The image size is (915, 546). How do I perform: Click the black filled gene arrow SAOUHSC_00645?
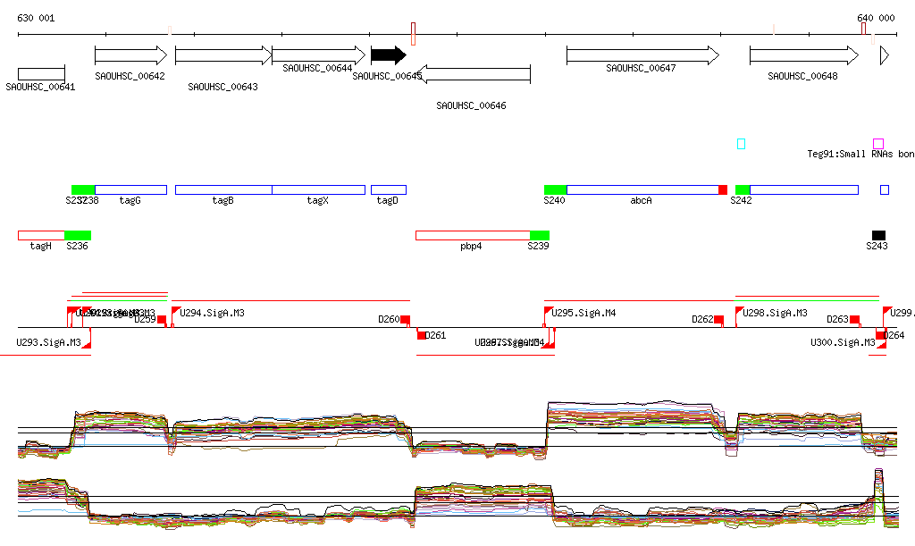(x=388, y=55)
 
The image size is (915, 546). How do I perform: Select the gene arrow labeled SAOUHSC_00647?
(x=642, y=55)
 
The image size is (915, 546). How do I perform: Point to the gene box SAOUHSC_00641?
(x=41, y=73)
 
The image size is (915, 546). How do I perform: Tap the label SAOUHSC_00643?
(x=223, y=87)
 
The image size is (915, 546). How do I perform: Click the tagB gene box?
(x=223, y=189)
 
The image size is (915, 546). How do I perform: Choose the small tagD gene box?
(x=388, y=189)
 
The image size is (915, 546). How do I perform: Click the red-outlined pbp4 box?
(x=472, y=235)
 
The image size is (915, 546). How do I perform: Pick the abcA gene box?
(x=642, y=189)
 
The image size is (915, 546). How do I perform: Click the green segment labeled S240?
(x=555, y=189)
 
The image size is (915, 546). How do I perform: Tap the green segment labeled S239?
(x=539, y=235)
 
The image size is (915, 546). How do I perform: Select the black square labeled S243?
(x=878, y=235)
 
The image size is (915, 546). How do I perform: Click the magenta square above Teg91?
(x=878, y=143)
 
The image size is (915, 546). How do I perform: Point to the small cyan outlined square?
(x=741, y=143)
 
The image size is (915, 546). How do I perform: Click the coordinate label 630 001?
(x=36, y=18)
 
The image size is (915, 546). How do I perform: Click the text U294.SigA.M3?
(x=213, y=314)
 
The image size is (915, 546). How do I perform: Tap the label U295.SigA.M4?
(x=584, y=314)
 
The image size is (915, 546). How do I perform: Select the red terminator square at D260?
(x=405, y=319)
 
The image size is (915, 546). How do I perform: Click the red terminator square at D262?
(x=718, y=319)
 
